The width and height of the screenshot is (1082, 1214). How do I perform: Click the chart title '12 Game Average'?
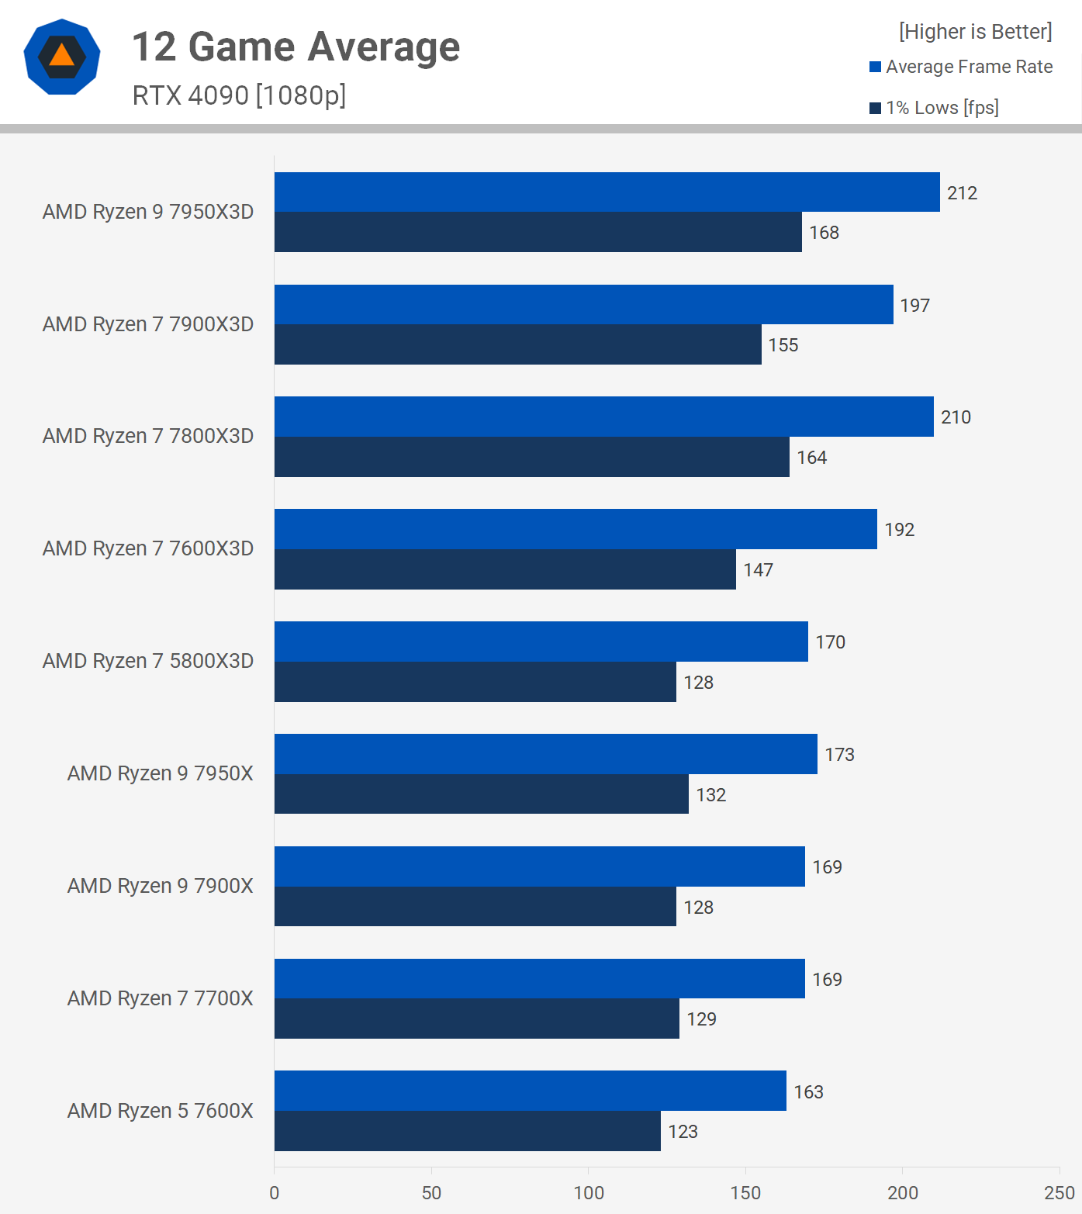coord(296,47)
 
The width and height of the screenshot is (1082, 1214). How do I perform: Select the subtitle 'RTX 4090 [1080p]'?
coord(239,95)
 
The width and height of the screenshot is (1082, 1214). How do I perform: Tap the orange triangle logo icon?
coord(62,56)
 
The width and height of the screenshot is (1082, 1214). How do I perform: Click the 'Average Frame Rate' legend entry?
coord(969,67)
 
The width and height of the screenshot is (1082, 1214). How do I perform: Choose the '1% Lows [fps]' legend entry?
coord(942,108)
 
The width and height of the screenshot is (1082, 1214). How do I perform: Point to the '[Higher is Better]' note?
coord(975,32)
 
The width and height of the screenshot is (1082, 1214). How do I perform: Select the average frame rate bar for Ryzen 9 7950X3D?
coord(607,192)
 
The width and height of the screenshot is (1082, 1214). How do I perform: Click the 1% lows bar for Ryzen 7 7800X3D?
coord(531,457)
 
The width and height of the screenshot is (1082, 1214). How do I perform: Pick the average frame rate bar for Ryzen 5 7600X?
coord(530,1091)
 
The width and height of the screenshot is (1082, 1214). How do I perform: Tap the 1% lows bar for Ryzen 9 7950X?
coord(481,794)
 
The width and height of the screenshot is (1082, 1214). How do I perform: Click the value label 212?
coord(962,193)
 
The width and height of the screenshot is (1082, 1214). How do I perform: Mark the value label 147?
coord(758,570)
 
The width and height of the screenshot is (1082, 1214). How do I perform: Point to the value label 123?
coord(683,1132)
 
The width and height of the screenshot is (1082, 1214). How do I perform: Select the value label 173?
coord(839,755)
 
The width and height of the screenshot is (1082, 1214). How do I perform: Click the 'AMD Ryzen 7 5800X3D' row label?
coord(148,661)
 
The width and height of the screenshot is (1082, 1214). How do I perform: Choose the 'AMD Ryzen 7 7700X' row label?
coord(160,998)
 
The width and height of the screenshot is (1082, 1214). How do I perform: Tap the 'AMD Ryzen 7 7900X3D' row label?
coord(148,324)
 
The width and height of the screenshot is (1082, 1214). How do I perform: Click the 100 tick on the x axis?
coord(589,1193)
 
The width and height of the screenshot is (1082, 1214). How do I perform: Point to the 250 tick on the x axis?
coord(1059,1193)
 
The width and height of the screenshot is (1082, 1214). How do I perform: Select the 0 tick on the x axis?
coord(275,1193)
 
